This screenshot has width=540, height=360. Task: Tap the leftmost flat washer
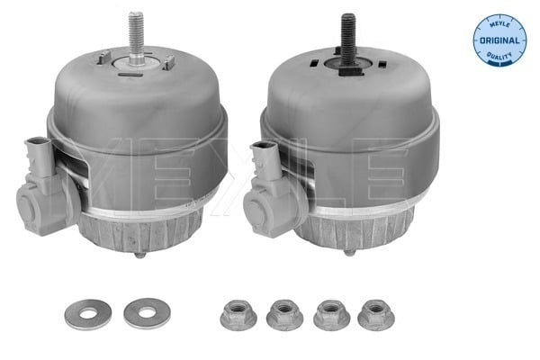[84, 312]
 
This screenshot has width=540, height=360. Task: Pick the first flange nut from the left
[238, 314]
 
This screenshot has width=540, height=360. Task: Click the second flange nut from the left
[285, 314]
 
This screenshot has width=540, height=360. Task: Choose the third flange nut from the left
[331, 314]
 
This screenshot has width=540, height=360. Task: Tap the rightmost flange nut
[376, 314]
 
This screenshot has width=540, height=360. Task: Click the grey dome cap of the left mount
[135, 99]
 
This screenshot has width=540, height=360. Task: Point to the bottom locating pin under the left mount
[140, 255]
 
